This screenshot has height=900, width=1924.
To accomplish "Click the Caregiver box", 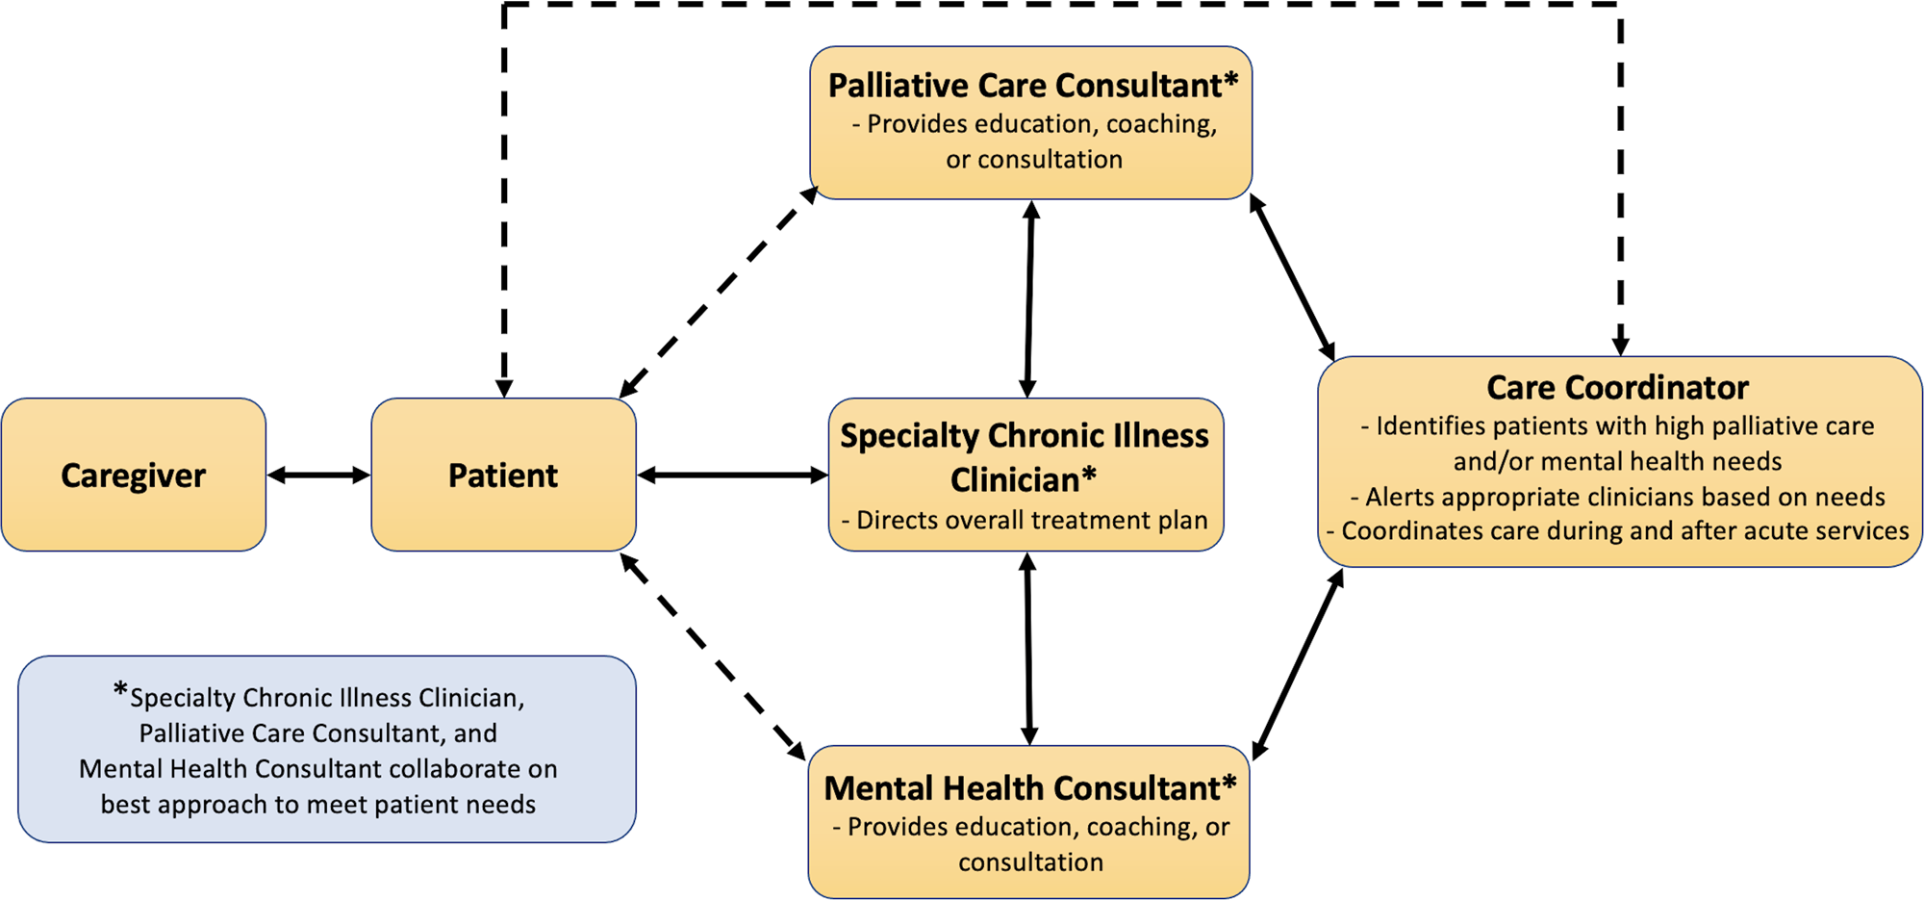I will click(133, 475).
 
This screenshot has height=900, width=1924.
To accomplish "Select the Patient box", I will click(503, 475).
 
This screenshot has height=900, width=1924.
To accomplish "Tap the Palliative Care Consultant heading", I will click(1032, 86).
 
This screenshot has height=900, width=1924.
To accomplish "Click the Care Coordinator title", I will click(1617, 387).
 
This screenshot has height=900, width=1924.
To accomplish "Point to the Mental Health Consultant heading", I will click(1029, 788).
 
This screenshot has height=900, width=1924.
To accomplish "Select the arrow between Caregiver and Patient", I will click(318, 475).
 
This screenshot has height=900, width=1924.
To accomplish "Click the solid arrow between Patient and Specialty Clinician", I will click(732, 475).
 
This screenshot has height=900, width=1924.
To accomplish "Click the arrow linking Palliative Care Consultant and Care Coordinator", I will click(1292, 277).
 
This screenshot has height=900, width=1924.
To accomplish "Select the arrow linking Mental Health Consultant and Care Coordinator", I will click(1299, 664).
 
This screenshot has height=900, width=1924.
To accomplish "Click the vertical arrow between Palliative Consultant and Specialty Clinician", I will click(1029, 298).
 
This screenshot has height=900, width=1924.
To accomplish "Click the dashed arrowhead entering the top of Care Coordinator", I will click(1621, 346).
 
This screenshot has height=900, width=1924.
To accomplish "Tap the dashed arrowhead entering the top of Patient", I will click(504, 387).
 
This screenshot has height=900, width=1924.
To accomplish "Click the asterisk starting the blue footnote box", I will click(120, 690).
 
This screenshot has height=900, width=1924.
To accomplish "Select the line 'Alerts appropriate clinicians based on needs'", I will click(1617, 497).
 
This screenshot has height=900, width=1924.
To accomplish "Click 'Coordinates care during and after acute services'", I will click(1617, 531).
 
